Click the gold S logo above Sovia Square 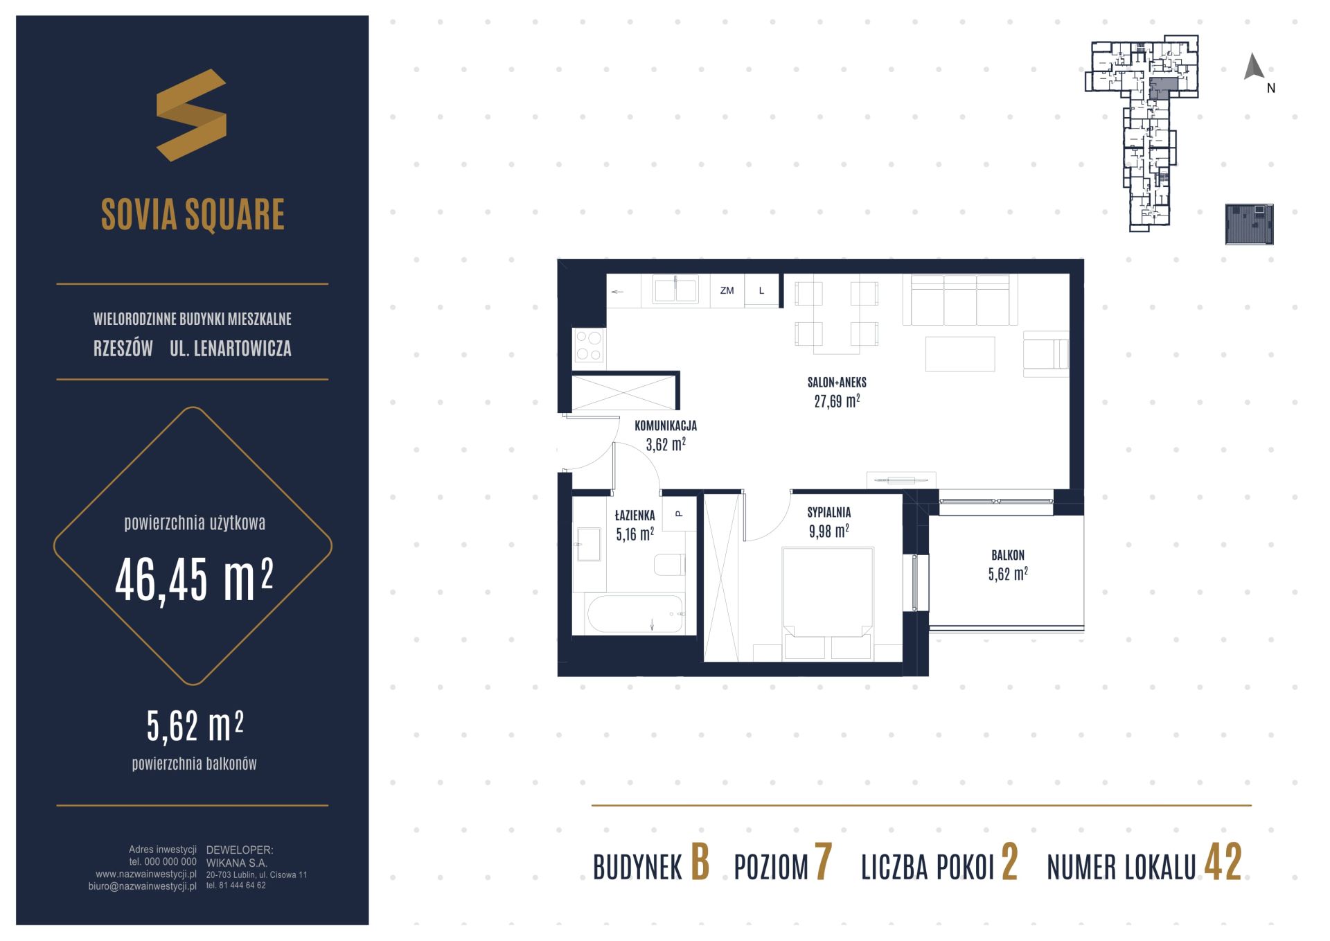(191, 115)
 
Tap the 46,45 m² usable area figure (194, 581)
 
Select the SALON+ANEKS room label (837, 382)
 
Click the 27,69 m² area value (837, 401)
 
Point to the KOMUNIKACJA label (666, 425)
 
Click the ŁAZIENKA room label (635, 515)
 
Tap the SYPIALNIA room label (828, 513)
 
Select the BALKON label (1008, 555)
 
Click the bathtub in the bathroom (635, 613)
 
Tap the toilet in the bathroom (669, 564)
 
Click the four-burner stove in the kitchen (589, 346)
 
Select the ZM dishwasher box (727, 290)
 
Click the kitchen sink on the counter (675, 290)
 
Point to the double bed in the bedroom (828, 603)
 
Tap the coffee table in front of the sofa (960, 353)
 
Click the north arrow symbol (1254, 67)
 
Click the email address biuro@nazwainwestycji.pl (143, 886)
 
